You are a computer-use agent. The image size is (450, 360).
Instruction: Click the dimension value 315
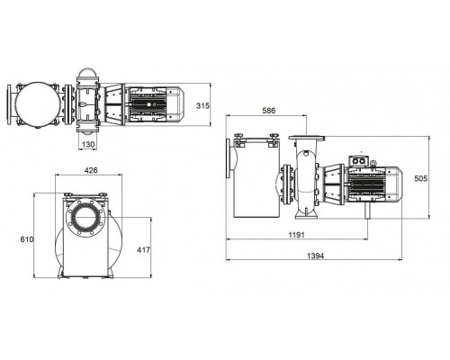point(202,105)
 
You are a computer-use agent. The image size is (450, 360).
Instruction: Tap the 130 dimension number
point(88,145)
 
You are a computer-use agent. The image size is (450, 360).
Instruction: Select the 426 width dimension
point(91,170)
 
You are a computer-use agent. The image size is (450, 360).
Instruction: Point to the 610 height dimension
point(27,239)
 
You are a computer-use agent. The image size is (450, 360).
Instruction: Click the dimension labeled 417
point(143,249)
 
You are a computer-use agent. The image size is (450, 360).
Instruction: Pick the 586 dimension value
point(269,111)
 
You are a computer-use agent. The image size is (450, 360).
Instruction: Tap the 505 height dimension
point(420,179)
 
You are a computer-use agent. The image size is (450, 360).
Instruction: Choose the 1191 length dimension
point(296,235)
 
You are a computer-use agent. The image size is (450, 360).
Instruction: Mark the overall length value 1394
point(316,256)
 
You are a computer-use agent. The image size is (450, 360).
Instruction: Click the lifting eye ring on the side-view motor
point(373,163)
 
